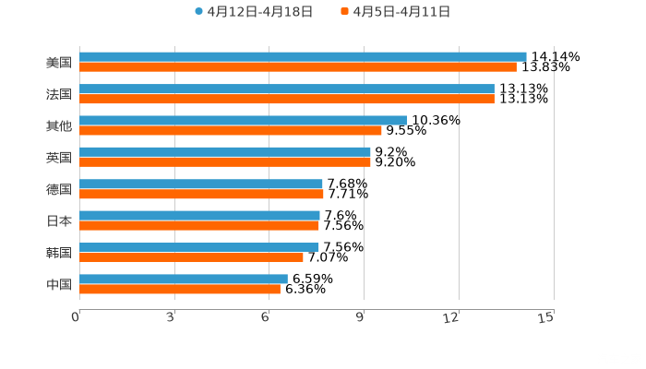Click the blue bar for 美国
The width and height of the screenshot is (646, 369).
click(303, 57)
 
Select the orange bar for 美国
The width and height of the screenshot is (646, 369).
click(297, 67)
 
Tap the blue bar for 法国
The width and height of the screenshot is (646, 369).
click(286, 89)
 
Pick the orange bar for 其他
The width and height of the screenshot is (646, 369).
click(230, 130)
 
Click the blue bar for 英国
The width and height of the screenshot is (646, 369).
click(224, 152)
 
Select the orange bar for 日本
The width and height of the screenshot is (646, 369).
click(198, 225)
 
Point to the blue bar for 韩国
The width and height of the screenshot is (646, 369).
click(198, 247)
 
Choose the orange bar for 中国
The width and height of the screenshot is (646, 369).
click(179, 289)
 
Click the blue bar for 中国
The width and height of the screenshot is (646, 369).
click(183, 279)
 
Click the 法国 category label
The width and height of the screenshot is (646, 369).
click(58, 94)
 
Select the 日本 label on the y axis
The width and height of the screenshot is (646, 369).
click(58, 220)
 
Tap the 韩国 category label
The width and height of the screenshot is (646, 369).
click(58, 253)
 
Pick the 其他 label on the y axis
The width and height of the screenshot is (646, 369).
click(58, 125)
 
